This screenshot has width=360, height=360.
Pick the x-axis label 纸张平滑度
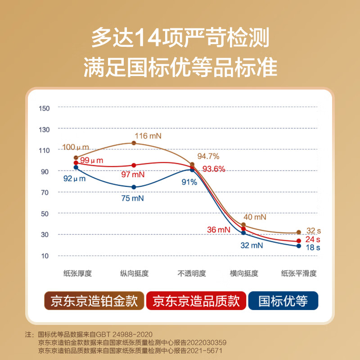299,274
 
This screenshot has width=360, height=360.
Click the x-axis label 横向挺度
244,274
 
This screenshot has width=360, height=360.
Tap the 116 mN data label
148,135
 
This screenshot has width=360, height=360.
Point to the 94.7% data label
208,157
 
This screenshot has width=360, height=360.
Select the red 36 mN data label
219,229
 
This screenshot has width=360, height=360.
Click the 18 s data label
314,247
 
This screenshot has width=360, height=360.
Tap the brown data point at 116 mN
134,143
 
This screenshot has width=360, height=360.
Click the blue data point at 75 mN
134,187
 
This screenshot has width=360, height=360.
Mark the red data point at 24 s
299,241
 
